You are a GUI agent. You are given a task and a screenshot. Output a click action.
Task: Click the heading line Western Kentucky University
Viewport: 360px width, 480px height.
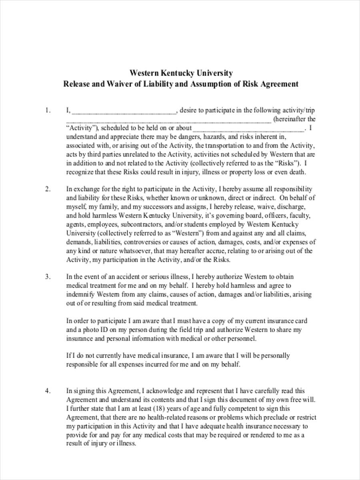(181, 73)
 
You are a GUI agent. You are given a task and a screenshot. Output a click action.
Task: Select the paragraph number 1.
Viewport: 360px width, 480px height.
(48, 110)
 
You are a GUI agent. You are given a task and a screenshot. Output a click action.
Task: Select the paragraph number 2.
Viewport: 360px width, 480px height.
(48, 189)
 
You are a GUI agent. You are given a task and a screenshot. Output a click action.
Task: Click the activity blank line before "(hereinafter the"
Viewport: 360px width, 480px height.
(168, 120)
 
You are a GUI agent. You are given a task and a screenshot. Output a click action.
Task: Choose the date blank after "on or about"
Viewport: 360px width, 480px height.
(248, 129)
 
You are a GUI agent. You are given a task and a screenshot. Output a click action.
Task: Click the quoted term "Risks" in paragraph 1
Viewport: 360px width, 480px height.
(286, 163)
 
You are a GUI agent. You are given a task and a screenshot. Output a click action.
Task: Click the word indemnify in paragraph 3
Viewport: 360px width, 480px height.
(80, 294)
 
